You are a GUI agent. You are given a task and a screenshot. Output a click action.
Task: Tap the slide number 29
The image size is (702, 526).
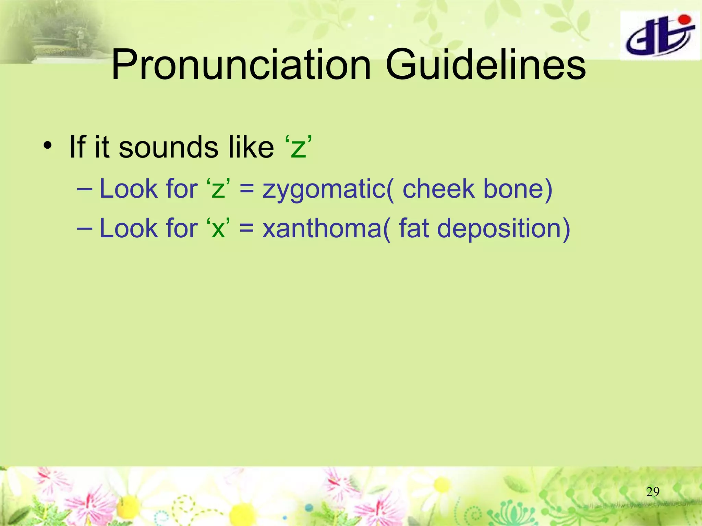(x=652, y=492)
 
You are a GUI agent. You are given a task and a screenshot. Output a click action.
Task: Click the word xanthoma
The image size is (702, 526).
(x=322, y=228)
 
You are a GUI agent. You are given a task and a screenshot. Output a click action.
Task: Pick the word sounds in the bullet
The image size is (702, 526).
(x=169, y=147)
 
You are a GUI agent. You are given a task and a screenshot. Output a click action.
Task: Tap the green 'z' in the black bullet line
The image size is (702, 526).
(x=298, y=149)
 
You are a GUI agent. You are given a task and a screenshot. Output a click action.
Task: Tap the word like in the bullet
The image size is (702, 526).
(x=251, y=147)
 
